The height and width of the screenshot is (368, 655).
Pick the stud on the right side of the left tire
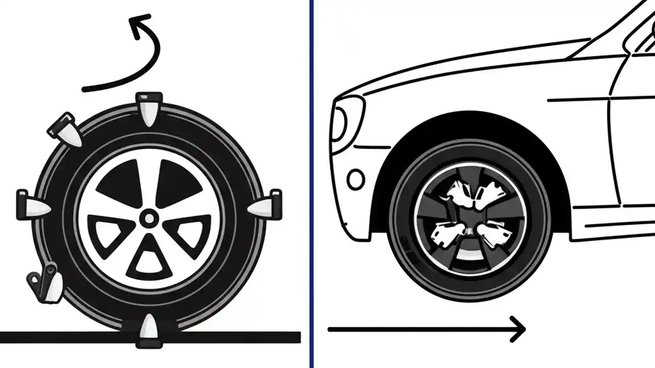[265, 204]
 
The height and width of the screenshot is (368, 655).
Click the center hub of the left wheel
[149, 219]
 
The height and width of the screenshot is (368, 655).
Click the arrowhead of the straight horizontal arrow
[518, 329]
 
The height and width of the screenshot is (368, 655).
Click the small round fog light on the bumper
[356, 179]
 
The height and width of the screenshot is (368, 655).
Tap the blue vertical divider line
[311, 184]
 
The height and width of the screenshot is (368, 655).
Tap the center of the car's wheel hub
[470, 218]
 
